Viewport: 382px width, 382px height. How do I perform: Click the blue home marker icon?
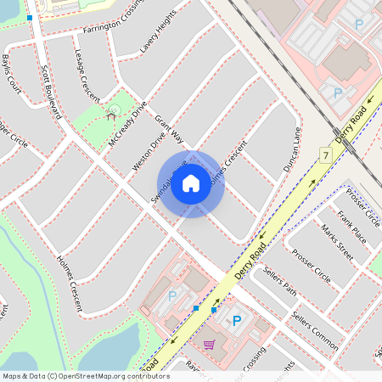(x=191, y=183)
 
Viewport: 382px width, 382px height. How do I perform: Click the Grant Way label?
(x=169, y=129)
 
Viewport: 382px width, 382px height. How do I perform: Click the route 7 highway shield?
(x=325, y=154)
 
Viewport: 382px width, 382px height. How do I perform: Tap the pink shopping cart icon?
(x=209, y=344)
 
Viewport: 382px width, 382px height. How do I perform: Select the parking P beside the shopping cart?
(x=237, y=321)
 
